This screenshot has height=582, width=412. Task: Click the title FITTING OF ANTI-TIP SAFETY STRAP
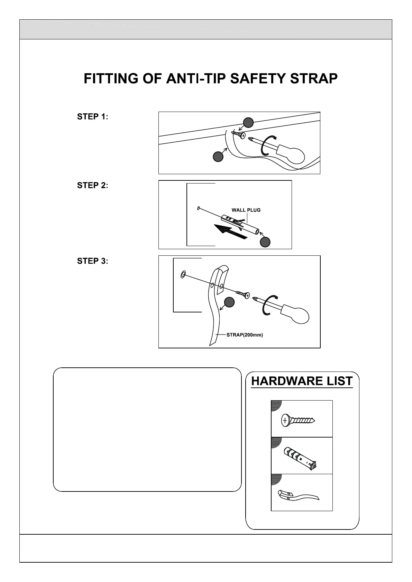coord(211,79)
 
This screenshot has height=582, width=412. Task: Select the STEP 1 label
coord(92,117)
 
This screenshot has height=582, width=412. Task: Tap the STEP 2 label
coord(92,186)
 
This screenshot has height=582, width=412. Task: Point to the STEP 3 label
coord(92,261)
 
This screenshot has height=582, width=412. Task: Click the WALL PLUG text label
coord(246,210)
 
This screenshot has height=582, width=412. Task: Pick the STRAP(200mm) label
coord(245,335)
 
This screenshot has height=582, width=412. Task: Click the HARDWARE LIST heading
coord(302,381)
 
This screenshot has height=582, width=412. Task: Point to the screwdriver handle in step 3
coord(296,313)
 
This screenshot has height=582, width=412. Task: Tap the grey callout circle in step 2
coord(265,242)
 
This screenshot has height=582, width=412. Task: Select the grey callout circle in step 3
coord(229,302)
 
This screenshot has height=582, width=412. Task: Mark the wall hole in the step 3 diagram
coord(183,275)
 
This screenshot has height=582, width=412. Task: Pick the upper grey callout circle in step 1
coord(248,122)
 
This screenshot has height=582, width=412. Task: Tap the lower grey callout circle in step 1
coord(218,157)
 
